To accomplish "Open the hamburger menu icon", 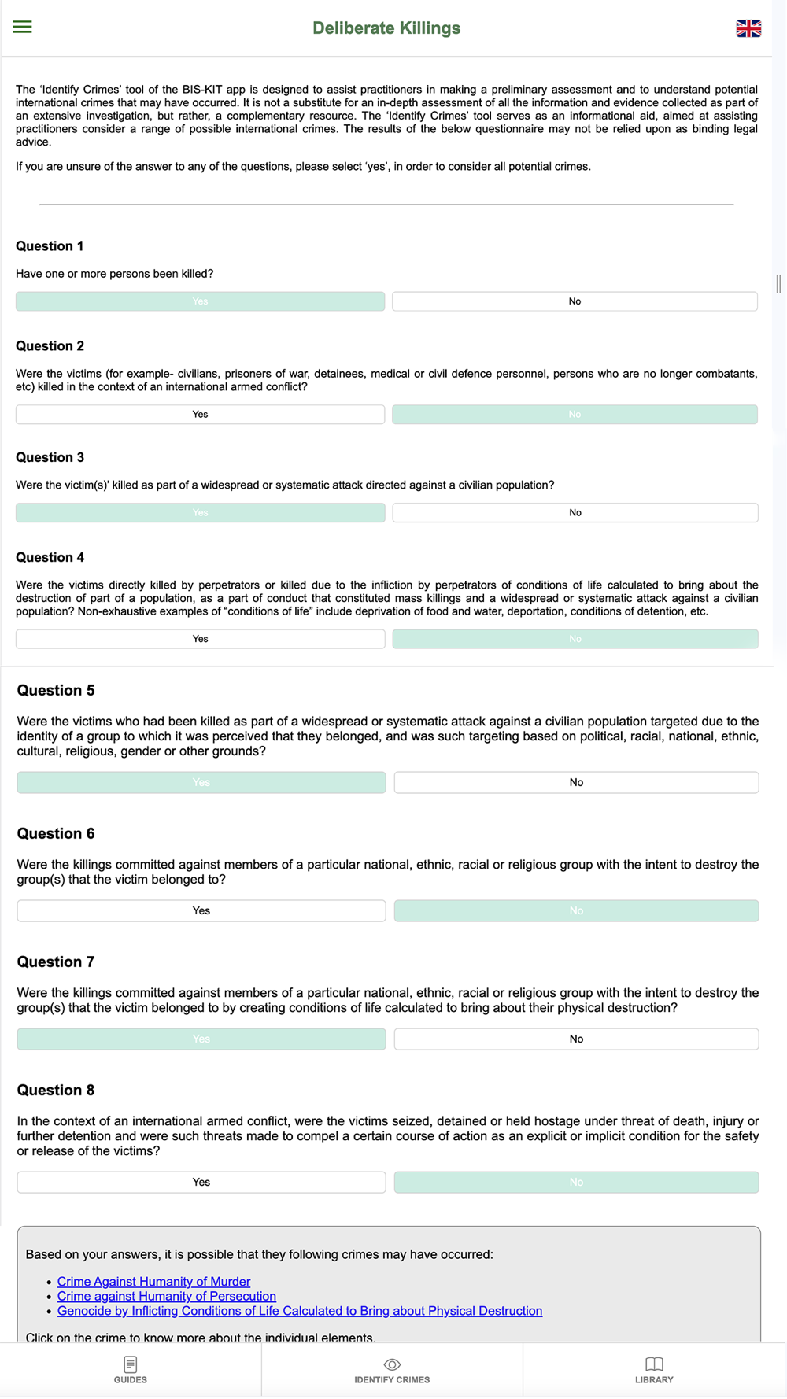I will point(23,27).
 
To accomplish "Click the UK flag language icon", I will point(748,28).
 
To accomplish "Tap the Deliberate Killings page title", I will point(386,28).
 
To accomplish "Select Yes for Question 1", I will point(200,301).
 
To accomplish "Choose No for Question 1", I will point(575,301).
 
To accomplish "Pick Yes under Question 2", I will point(200,415).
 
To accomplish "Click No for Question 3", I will point(575,513).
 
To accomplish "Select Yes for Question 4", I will point(200,639).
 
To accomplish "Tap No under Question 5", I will point(576,782).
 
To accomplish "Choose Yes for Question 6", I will point(201,910).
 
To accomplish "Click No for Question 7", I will point(576,1039).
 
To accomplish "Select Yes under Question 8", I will point(201,1182).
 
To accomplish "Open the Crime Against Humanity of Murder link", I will point(153,1282).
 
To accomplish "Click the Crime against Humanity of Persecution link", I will point(166,1296).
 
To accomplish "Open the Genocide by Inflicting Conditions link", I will point(299,1311).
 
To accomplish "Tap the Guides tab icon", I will point(131,1364).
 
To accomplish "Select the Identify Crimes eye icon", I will point(392,1364).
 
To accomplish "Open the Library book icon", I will point(654,1364).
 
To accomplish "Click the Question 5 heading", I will point(56,690).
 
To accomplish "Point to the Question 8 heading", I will point(56,1090).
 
